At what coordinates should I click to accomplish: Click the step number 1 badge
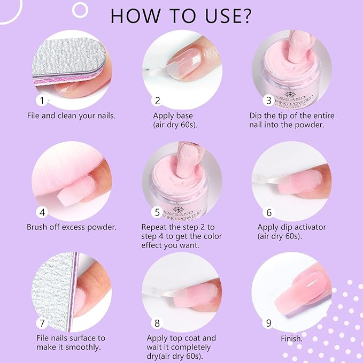[x=42, y=101]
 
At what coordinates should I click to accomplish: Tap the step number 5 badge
[x=157, y=212]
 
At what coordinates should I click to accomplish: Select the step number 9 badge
[x=268, y=323]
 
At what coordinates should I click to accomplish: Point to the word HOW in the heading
[x=135, y=16]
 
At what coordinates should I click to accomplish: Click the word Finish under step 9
[x=291, y=339]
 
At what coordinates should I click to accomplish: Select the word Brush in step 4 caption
[x=37, y=227]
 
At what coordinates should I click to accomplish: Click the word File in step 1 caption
[x=33, y=115]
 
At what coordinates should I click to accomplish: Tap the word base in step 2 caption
[x=184, y=115]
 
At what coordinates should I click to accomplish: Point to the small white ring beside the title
[x=80, y=10]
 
